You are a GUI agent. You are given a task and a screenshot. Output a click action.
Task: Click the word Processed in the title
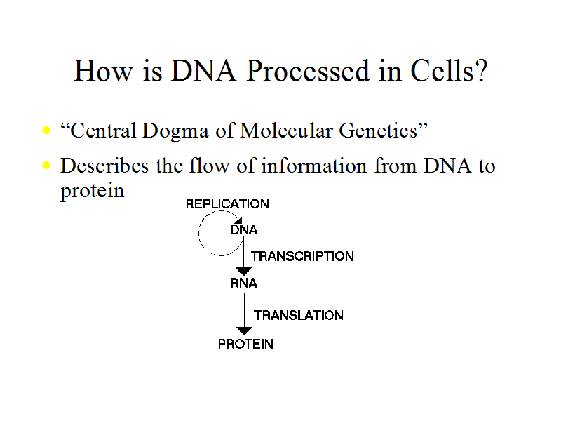pyautogui.click(x=308, y=71)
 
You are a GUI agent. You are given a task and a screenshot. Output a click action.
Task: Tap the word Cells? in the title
pyautogui.click(x=449, y=71)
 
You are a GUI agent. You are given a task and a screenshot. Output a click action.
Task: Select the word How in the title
pyautogui.click(x=102, y=71)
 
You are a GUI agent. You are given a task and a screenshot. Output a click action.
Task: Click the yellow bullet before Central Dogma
pyautogui.click(x=46, y=130)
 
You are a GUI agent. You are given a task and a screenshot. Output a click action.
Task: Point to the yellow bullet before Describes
pyautogui.click(x=46, y=165)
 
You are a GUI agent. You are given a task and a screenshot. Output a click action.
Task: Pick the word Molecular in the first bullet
pyautogui.click(x=287, y=131)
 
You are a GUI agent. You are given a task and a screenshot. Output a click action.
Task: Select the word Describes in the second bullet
pyautogui.click(x=104, y=166)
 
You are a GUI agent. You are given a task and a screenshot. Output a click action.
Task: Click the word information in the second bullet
pyautogui.click(x=313, y=166)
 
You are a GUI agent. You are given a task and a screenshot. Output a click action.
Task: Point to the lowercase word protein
pyautogui.click(x=92, y=191)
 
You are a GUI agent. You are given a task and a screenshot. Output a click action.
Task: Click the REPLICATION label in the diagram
pyautogui.click(x=227, y=203)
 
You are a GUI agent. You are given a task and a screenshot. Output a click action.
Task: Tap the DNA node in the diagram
pyautogui.click(x=244, y=229)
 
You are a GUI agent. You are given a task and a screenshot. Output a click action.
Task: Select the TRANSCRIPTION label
pyautogui.click(x=302, y=256)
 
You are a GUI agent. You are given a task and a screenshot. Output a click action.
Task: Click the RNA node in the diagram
pyautogui.click(x=244, y=283)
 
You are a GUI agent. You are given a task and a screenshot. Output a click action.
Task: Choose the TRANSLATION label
pyautogui.click(x=299, y=315)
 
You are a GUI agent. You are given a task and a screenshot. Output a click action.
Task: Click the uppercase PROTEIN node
pyautogui.click(x=246, y=344)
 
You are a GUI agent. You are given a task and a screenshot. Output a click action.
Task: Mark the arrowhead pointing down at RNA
pyautogui.click(x=243, y=272)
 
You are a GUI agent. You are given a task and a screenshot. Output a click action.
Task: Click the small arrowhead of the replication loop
pyautogui.click(x=238, y=220)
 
